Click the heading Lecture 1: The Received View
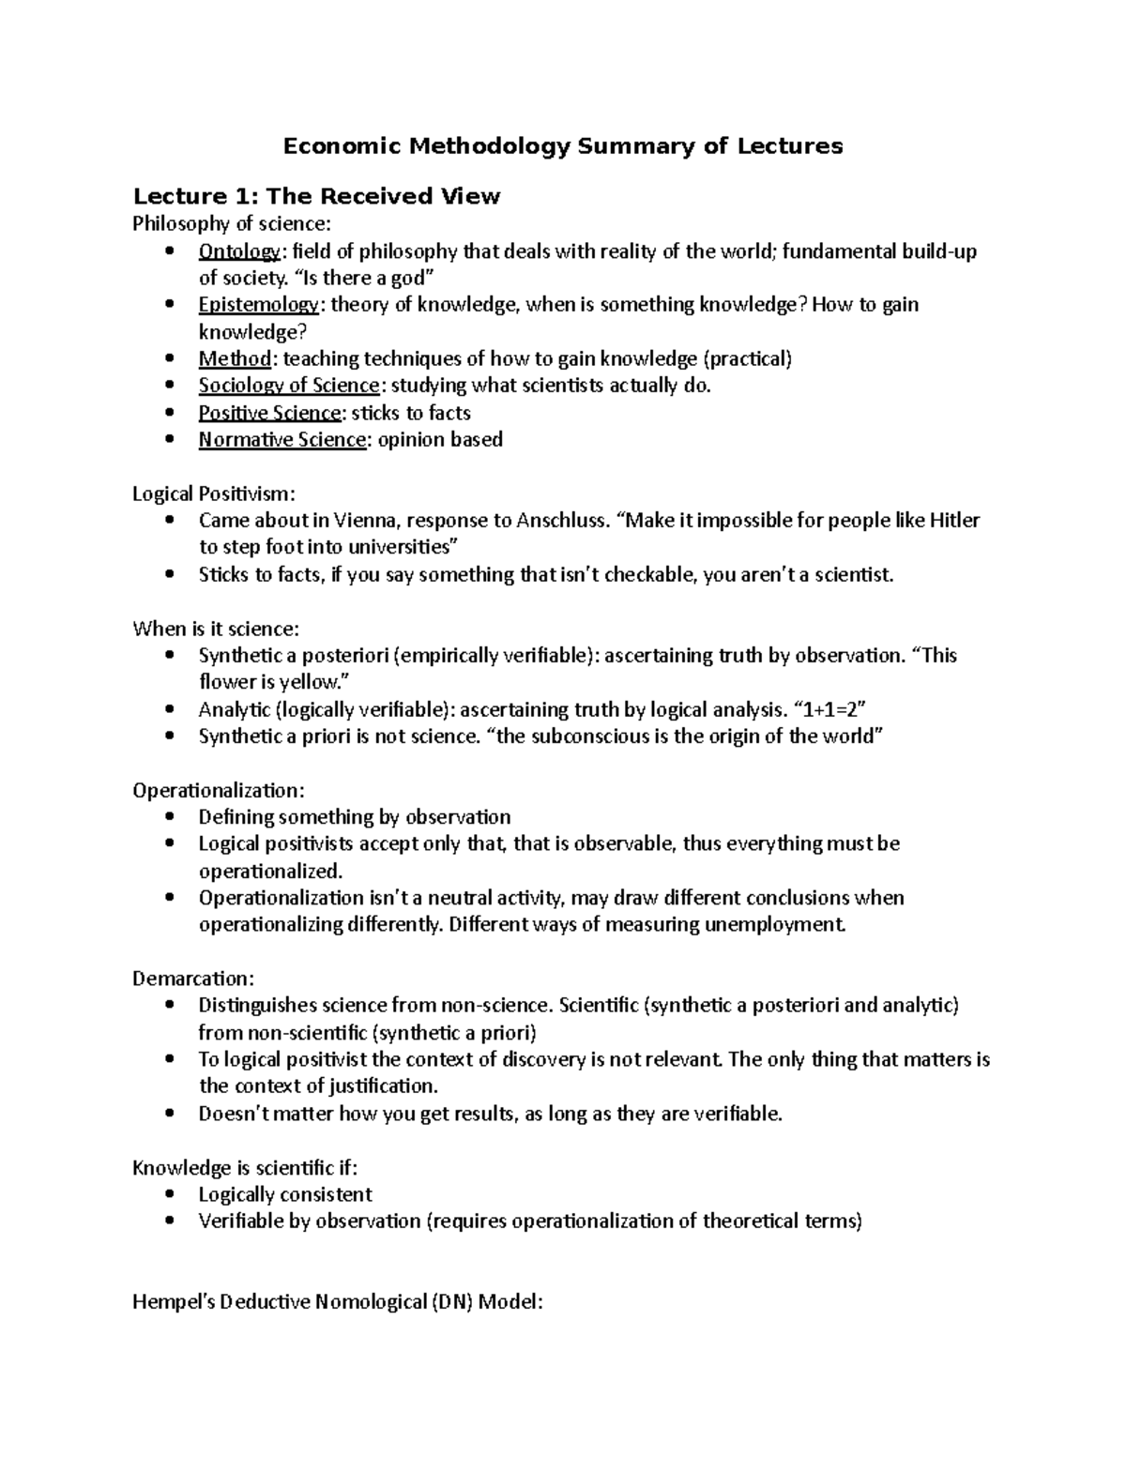pyautogui.click(x=316, y=196)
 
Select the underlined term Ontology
pyautogui.click(x=238, y=251)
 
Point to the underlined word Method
pyautogui.click(x=235, y=358)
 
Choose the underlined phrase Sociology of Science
pyautogui.click(x=288, y=386)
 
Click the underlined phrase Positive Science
pyautogui.click(x=269, y=413)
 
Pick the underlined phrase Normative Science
pyautogui.click(x=281, y=440)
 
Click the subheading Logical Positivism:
pyautogui.click(x=213, y=493)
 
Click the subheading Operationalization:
pyautogui.click(x=219, y=790)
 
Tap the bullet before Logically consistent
pyautogui.click(x=169, y=1194)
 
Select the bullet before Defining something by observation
pyautogui.click(x=169, y=817)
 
